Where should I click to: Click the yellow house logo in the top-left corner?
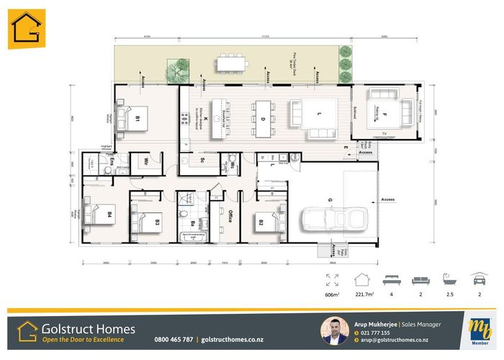pyautogui.click(x=27, y=30)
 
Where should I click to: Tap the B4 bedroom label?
pyautogui.click(x=110, y=215)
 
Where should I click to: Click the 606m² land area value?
pyautogui.click(x=332, y=295)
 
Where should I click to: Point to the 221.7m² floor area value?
pyautogui.click(x=365, y=295)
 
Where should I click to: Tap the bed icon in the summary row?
pyautogui.click(x=391, y=279)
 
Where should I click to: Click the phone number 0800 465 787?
pyautogui.click(x=174, y=339)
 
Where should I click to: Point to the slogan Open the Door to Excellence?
pyautogui.click(x=83, y=339)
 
